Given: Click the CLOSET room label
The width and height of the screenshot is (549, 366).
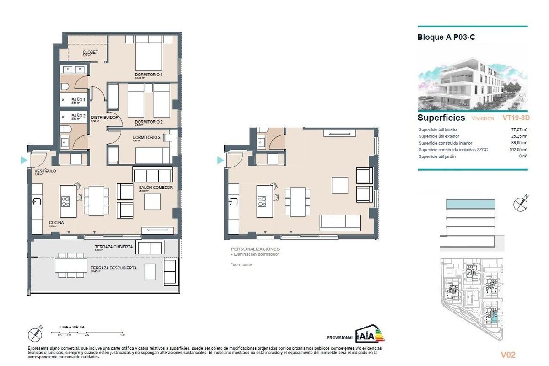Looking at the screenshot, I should (90, 52).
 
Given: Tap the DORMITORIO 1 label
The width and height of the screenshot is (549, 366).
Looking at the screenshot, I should (149, 75).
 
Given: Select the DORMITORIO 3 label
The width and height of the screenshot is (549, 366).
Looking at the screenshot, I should (146, 138).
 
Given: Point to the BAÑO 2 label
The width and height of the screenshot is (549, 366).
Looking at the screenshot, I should (78, 116).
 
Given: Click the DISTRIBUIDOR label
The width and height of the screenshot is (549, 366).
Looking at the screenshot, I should (105, 118).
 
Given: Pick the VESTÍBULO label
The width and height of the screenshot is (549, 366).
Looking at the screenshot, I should (45, 171).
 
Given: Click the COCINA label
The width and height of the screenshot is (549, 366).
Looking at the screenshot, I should (56, 223).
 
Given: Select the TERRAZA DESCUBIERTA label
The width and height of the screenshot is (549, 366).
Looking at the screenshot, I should (113, 268).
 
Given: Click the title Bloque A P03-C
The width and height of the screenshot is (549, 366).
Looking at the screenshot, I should (446, 38).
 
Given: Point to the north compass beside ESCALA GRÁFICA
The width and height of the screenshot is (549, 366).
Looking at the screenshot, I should (36, 334).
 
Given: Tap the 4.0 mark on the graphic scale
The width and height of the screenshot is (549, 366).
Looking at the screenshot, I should (122, 335).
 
